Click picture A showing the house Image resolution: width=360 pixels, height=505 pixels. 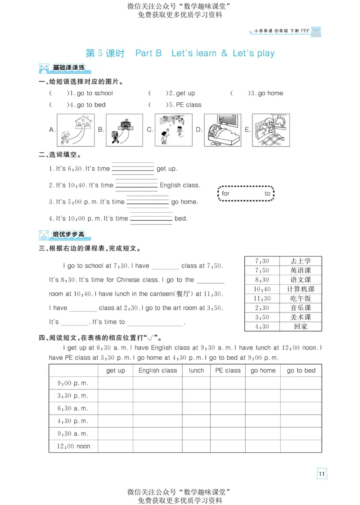76,130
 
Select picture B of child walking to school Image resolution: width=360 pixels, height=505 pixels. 124,130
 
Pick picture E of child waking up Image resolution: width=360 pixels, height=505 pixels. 271,130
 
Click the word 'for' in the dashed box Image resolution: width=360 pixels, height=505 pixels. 225,193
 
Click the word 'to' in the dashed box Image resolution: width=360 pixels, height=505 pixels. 267,193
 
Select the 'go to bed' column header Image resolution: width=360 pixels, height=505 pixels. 301,371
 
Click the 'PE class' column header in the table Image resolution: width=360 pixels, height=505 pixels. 228,371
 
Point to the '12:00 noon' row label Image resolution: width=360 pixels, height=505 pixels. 73,446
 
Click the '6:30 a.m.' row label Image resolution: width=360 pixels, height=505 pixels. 73,408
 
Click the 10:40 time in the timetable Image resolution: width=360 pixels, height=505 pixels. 262,289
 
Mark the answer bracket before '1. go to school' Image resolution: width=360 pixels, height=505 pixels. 58,93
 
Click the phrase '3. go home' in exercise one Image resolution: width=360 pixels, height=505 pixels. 267,93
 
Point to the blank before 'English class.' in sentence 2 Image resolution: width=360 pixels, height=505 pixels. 136,185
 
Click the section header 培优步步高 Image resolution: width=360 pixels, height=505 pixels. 68,234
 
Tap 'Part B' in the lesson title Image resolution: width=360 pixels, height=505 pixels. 148,53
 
